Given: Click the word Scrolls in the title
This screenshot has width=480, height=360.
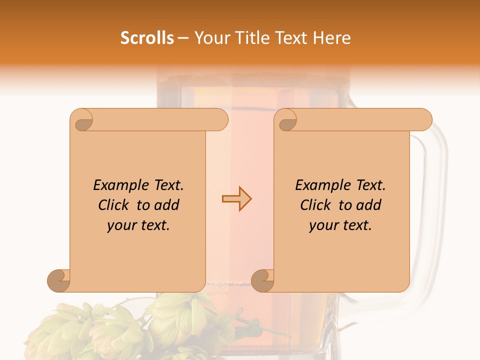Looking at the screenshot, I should coord(147,38).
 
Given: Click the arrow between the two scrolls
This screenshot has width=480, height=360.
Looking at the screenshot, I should coord(236,198).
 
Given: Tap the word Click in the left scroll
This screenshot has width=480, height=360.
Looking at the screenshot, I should coord(109,205).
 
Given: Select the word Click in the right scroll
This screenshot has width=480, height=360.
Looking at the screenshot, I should coord(311,205).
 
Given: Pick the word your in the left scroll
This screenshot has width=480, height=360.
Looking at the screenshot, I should coord(120,225).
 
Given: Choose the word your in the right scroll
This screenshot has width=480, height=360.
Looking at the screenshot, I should coord(322,225).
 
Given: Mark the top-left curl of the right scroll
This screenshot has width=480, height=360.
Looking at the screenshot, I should coord(286,120).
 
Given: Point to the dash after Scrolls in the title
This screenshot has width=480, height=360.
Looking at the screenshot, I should coord(183,38).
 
